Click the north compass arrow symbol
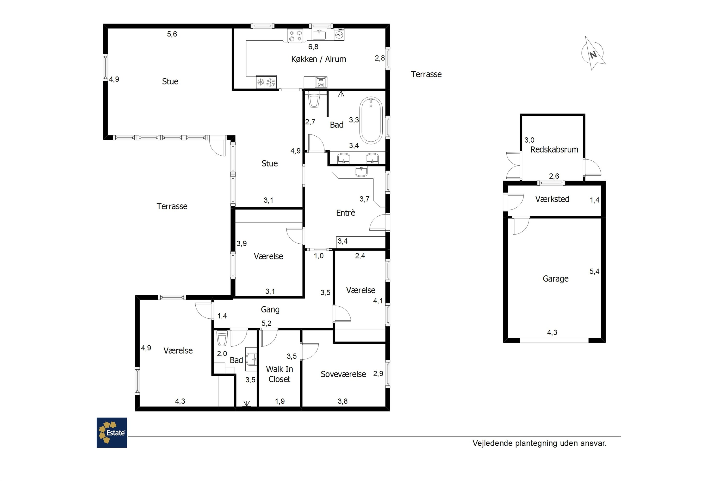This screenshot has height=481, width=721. click(x=593, y=54)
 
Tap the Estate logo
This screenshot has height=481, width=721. click(x=112, y=432)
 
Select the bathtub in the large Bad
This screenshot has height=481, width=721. click(x=371, y=120)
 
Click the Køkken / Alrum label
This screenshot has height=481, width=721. click(x=318, y=59)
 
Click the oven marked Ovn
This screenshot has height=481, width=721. click(x=321, y=82)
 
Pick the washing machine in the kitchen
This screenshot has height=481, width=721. click(x=339, y=34)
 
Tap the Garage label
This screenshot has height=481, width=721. click(x=555, y=278)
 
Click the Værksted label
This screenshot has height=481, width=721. click(x=552, y=199)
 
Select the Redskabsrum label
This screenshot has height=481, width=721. click(x=554, y=150)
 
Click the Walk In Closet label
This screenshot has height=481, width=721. click(x=279, y=374)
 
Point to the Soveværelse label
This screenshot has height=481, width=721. click(x=343, y=374)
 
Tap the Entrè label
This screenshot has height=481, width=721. click(x=346, y=213)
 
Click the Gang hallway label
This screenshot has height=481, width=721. click(x=270, y=310)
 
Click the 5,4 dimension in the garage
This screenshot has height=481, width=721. click(x=594, y=271)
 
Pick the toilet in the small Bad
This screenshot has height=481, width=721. click(x=222, y=338)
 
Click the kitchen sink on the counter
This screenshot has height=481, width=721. click(x=319, y=35)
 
